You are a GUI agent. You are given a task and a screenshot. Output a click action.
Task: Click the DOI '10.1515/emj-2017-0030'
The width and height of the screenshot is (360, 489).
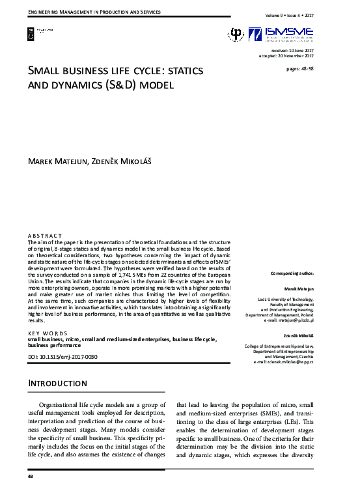coord(70,357)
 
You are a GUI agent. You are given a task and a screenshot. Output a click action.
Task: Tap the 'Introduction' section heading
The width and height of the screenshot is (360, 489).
coord(58,384)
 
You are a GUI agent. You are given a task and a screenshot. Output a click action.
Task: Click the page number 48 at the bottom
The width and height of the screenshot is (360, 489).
coord(31,478)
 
